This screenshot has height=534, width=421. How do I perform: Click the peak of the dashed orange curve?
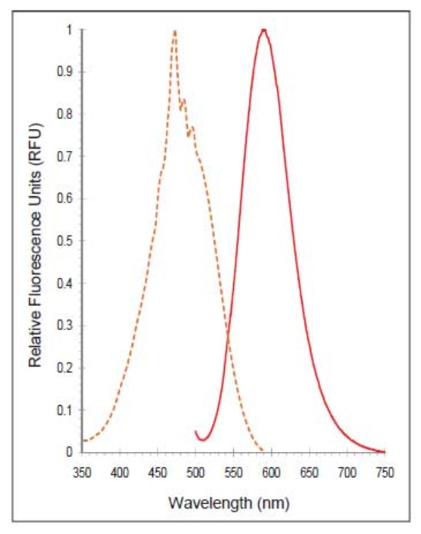175,31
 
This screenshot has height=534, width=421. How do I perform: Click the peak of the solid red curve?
263,30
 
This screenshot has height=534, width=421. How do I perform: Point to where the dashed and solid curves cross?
228,335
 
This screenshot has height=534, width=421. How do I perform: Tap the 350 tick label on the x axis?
82,473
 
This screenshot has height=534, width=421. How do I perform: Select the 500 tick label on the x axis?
195,473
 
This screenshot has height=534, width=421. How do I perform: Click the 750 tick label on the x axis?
385,473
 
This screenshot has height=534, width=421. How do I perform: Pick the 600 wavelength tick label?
271,473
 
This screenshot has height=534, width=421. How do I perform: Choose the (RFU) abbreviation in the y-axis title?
36,129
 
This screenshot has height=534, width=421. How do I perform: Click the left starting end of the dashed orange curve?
82,441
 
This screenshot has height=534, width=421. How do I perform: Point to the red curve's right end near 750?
384,451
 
